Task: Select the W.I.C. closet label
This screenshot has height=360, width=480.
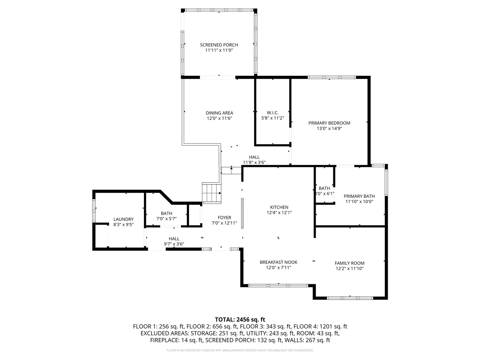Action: (x=273, y=113)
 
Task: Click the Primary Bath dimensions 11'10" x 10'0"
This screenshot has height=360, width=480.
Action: (x=359, y=202)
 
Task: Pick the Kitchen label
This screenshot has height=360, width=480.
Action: (x=279, y=207)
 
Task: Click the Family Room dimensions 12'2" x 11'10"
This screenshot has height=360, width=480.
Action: (x=349, y=268)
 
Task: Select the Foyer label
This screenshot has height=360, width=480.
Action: (x=224, y=217)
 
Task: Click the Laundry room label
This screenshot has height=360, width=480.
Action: (x=123, y=219)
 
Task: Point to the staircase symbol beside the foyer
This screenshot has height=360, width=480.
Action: (x=212, y=193)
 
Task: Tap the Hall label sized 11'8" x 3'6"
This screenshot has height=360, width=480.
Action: (x=254, y=157)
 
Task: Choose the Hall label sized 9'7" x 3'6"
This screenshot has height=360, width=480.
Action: (x=174, y=238)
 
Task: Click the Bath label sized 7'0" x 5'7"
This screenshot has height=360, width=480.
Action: (x=166, y=213)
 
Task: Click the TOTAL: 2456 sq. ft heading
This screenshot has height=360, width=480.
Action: (x=240, y=319)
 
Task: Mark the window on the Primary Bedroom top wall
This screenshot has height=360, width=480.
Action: (x=331, y=77)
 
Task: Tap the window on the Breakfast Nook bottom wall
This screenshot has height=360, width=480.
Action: (x=279, y=285)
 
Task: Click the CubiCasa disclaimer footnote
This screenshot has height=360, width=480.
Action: (x=240, y=350)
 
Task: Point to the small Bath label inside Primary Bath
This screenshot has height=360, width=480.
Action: (x=324, y=188)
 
